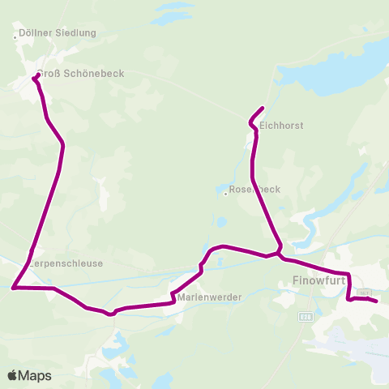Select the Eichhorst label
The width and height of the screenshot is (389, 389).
[x=281, y=126]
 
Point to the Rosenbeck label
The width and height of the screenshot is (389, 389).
[x=255, y=189]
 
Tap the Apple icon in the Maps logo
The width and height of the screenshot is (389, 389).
[x=13, y=374]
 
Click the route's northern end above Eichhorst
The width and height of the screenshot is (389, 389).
[x=262, y=109]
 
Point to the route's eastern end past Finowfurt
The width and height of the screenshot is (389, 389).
[x=377, y=301]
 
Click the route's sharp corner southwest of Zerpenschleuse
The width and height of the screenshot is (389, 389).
[x=14, y=287]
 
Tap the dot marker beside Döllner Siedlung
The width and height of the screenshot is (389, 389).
[x=16, y=36]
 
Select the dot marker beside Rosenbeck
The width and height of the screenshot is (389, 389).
[x=224, y=192]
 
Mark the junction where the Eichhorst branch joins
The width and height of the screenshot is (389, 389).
[x=279, y=254]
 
